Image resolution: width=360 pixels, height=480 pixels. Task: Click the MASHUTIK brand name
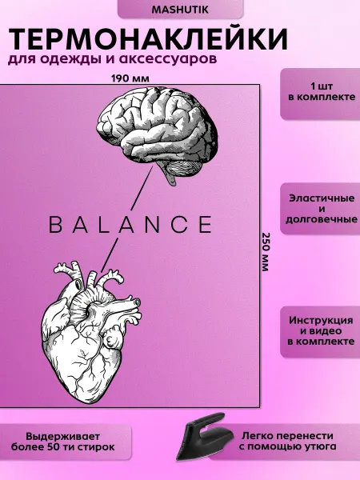coord(180,10)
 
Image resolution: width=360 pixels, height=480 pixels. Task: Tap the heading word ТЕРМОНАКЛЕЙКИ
coord(148,39)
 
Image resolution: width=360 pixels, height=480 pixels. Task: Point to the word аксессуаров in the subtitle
coord(168,58)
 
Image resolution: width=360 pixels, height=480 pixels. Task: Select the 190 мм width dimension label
coord(130,78)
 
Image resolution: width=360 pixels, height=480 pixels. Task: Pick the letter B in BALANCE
coord(55,224)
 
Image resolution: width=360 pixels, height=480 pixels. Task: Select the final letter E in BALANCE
coord(205,224)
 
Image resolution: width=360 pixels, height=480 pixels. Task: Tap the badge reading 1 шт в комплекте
coord(320,94)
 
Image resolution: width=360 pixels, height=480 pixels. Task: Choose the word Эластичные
coord(322,198)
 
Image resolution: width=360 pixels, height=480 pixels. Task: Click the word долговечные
coord(322,219)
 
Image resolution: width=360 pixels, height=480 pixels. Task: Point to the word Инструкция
coord(321,321)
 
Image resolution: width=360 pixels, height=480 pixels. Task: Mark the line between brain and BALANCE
coord(142,188)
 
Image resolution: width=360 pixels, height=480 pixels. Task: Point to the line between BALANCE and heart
coord(110,255)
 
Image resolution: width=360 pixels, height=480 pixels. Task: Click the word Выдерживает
coord(62,437)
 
